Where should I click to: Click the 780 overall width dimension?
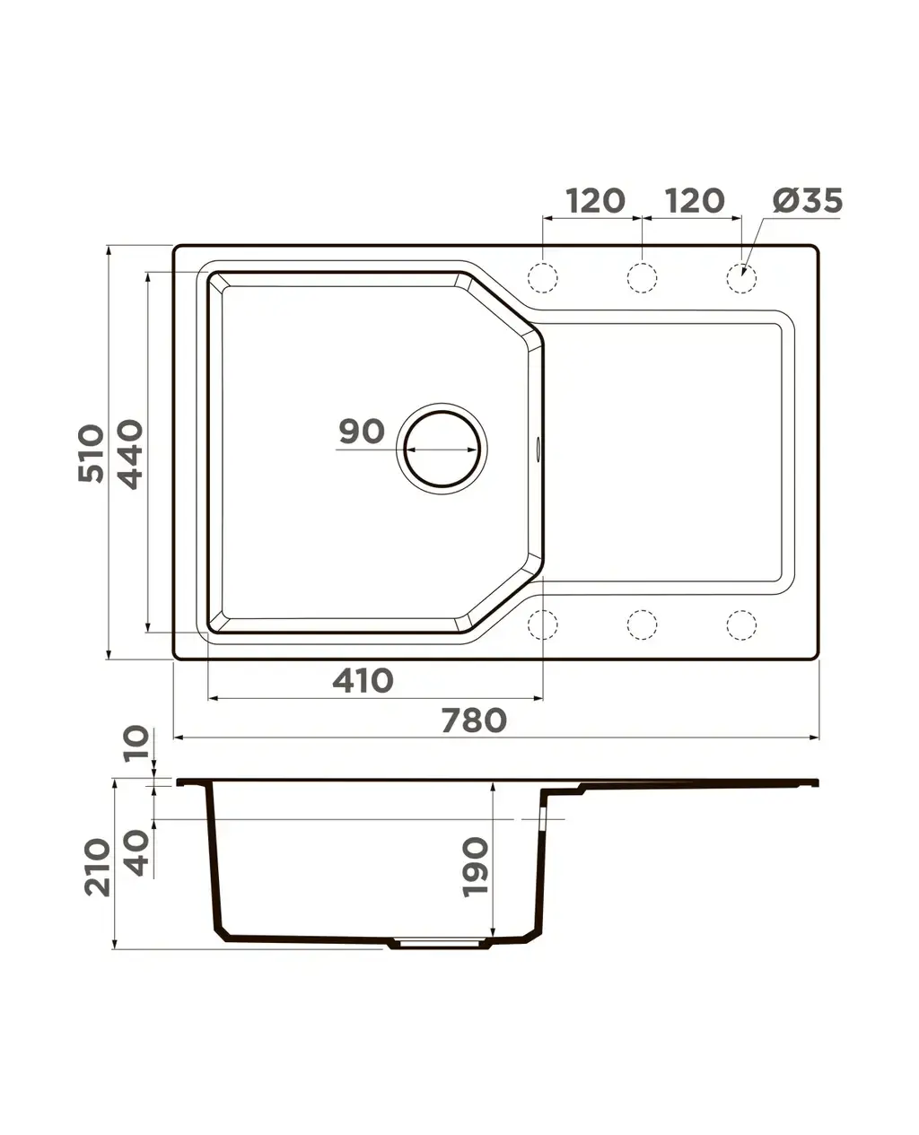(x=474, y=720)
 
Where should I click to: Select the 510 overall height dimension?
(x=91, y=453)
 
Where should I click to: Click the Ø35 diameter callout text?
(x=808, y=201)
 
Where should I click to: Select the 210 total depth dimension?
(x=98, y=868)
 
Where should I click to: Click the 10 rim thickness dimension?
(x=136, y=743)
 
